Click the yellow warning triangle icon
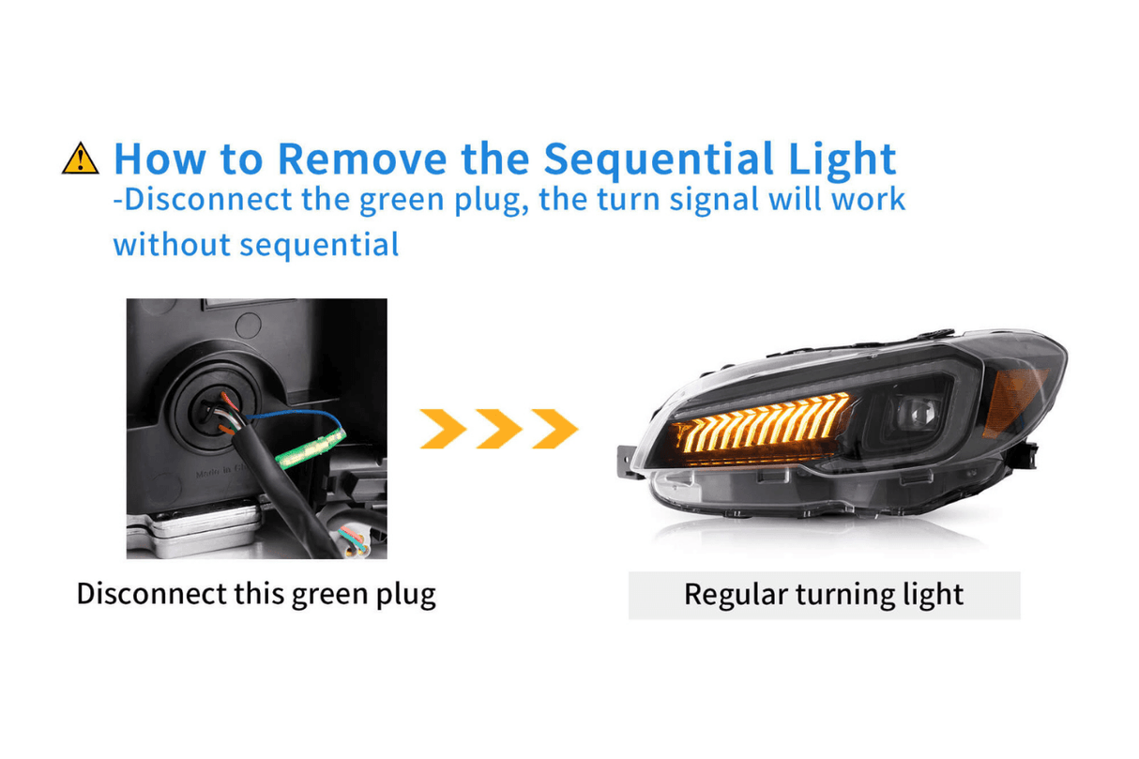click(x=80, y=159)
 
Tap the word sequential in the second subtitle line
click(x=319, y=245)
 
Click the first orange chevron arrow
click(x=443, y=428)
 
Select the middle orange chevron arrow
click(x=498, y=428)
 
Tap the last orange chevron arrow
click(x=554, y=428)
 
